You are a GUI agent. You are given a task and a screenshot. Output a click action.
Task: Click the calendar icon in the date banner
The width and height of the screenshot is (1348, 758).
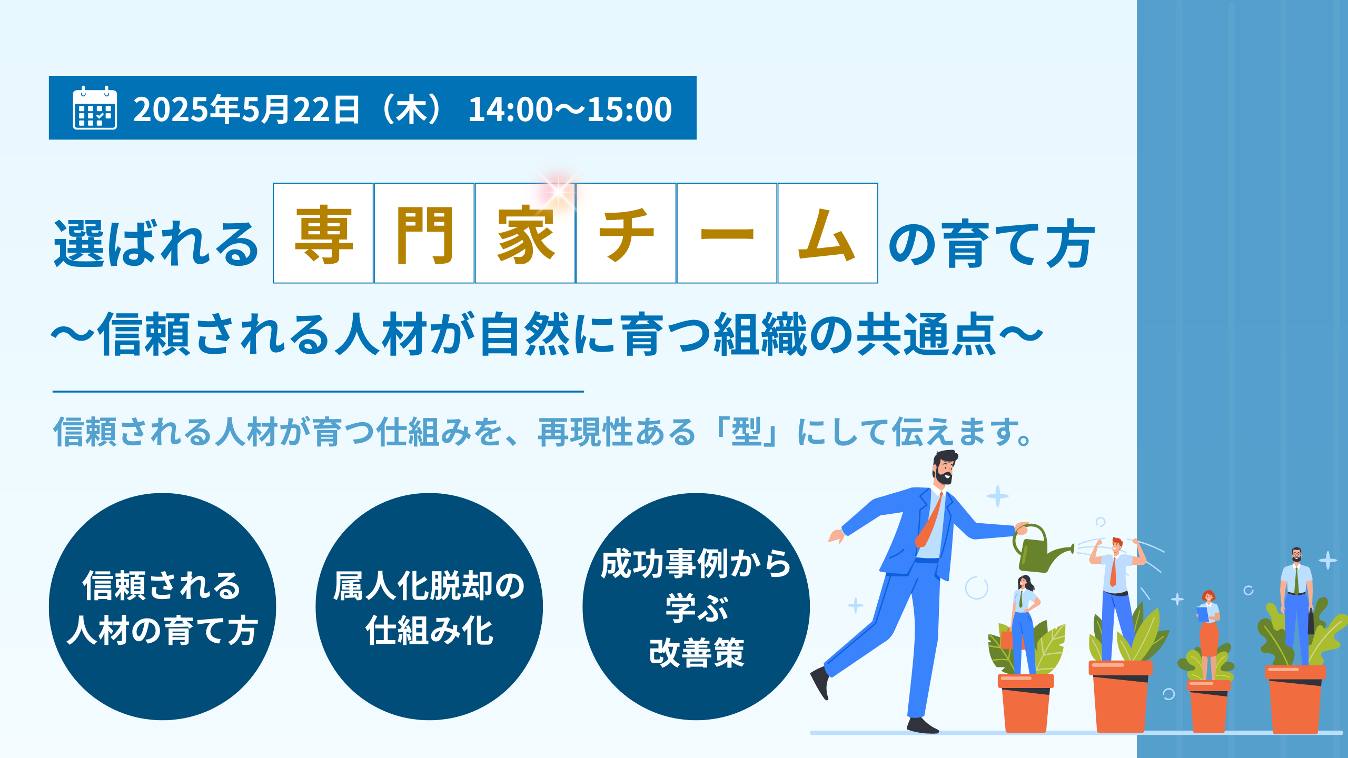click(95, 107)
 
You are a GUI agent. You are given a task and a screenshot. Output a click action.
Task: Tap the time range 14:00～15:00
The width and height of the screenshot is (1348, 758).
click(570, 109)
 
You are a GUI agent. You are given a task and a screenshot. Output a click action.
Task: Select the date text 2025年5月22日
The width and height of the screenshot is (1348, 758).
click(246, 109)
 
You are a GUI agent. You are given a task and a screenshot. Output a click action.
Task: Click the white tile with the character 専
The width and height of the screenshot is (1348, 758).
click(323, 233)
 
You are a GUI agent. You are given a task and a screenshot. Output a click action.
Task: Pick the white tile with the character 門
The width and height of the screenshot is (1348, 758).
click(424, 233)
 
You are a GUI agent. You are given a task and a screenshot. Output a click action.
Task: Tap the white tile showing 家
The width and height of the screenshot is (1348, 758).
click(525, 233)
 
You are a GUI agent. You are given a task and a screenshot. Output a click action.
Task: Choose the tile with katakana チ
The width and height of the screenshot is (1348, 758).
click(626, 233)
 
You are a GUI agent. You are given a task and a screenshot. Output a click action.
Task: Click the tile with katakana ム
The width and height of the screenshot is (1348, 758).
click(828, 233)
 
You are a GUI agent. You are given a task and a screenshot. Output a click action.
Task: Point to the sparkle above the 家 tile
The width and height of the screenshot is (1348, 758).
click(558, 190)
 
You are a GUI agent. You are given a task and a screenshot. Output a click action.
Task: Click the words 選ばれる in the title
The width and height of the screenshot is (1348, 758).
click(156, 243)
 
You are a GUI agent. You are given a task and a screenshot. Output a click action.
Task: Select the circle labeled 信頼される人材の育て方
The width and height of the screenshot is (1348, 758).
click(162, 606)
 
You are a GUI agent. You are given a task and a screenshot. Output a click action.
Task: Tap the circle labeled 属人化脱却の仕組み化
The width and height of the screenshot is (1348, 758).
click(429, 606)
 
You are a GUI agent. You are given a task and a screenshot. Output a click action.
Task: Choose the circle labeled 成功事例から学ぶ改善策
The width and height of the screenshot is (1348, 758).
click(696, 606)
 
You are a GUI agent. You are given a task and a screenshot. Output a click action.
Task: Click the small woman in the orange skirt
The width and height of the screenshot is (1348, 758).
click(1209, 634)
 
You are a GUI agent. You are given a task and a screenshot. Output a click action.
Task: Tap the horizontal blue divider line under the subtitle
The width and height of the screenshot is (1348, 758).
click(318, 392)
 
